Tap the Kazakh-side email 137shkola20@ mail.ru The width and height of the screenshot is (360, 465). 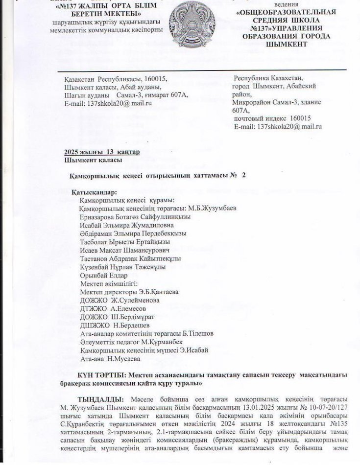(x=108, y=103)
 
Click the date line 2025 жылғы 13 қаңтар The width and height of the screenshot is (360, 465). (x=102, y=152)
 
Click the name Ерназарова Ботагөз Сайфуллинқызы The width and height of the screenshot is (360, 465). (x=135, y=216)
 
